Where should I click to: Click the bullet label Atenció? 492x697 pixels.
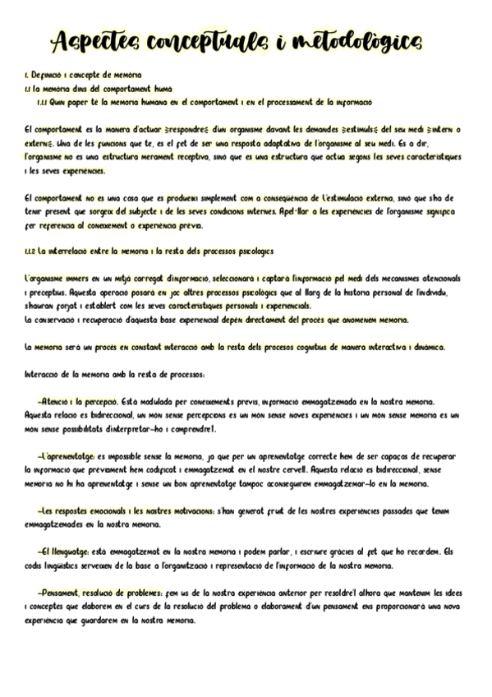coord(53,401)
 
